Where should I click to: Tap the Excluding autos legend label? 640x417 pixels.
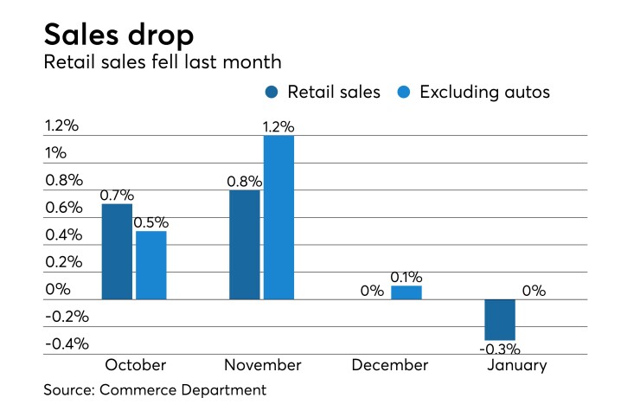click(484, 92)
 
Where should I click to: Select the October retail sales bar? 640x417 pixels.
click(117, 251)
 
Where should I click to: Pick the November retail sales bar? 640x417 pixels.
click(245, 245)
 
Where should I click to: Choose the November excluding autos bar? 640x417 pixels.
click(278, 217)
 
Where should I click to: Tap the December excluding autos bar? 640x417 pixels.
click(406, 292)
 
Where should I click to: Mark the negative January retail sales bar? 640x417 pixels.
click(500, 319)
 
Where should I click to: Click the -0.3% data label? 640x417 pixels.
click(500, 350)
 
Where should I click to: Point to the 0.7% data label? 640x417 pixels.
click(117, 195)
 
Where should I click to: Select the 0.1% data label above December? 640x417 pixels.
click(406, 277)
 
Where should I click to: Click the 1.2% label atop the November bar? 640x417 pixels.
click(278, 126)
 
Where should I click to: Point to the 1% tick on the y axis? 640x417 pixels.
click(56, 153)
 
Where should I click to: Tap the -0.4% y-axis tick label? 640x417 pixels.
click(66, 343)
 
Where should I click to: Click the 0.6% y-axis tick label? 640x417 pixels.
click(63, 208)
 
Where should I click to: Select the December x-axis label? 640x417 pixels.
click(389, 365)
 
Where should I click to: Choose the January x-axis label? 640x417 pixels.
click(516, 365)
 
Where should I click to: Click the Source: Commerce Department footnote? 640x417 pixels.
click(155, 390)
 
